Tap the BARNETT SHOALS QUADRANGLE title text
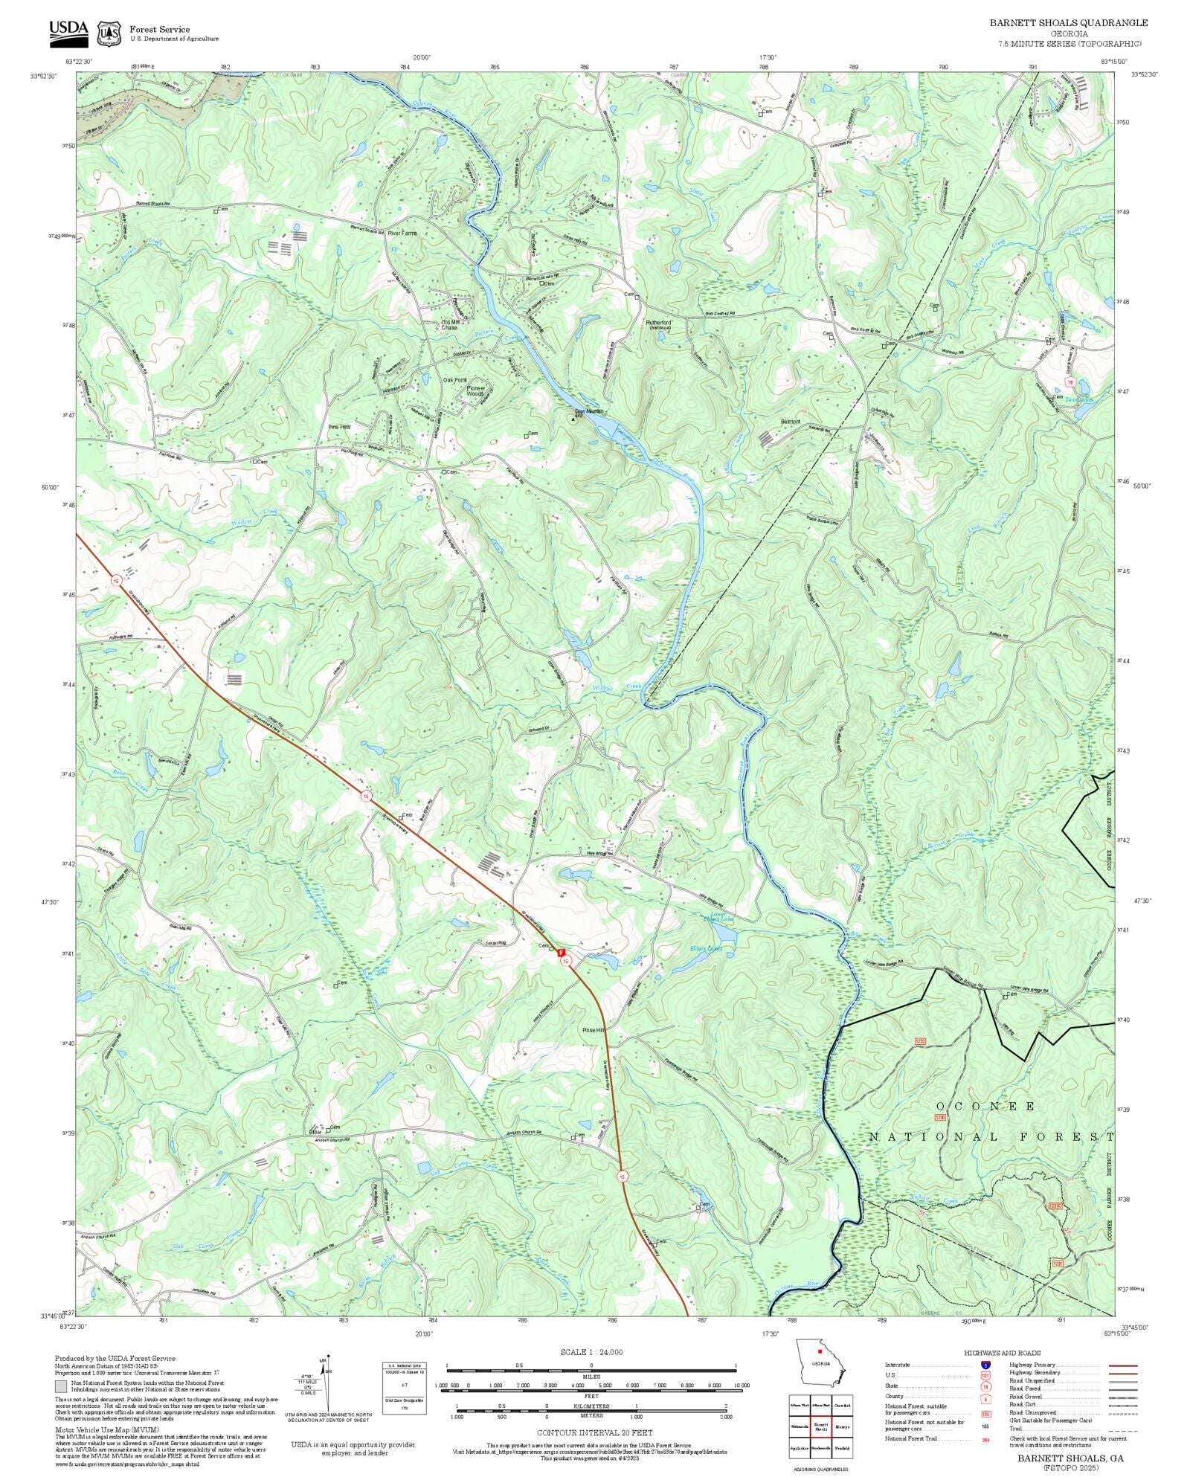coord(1068,23)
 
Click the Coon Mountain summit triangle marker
coord(573,419)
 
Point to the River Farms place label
coord(402,233)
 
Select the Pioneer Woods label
coord(475,390)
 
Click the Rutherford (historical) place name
coord(658,324)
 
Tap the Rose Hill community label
coord(594,1030)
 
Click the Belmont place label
coord(791,422)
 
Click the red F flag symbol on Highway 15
coord(562,952)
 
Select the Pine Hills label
coord(339,427)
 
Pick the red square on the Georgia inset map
coord(820,1351)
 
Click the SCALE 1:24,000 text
coord(591,1352)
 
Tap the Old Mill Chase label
coord(450,325)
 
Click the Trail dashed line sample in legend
coord(1122,1429)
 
